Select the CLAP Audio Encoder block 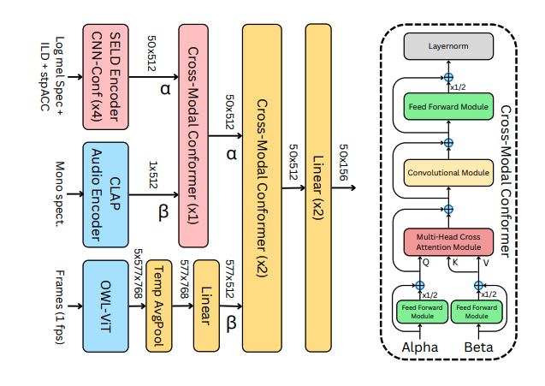click(x=104, y=193)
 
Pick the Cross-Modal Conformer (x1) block click(x=199, y=135)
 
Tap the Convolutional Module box click(x=448, y=173)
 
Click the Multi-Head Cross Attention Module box click(x=448, y=240)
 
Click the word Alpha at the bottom click(x=420, y=347)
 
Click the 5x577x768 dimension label click(x=137, y=275)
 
